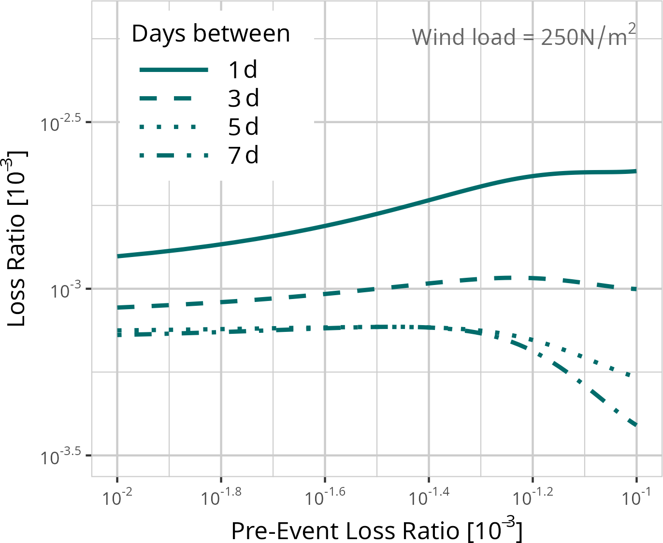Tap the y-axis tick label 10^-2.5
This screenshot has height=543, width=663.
coord(60,123)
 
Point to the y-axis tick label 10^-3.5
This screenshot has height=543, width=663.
coord(60,457)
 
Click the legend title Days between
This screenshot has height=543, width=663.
coord(211,34)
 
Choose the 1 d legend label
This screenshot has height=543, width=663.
coord(243,70)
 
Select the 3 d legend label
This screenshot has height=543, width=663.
coord(243,99)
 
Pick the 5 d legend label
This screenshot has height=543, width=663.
coord(243,127)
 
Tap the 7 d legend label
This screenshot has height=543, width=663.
coord(243,156)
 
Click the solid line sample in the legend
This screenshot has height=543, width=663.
coord(173,70)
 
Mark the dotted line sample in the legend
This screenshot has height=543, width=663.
coord(168,127)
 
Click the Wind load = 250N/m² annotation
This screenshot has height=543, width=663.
coord(523,36)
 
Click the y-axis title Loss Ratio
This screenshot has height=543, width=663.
coord(16,239)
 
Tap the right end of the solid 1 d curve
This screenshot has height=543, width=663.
coord(635,171)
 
